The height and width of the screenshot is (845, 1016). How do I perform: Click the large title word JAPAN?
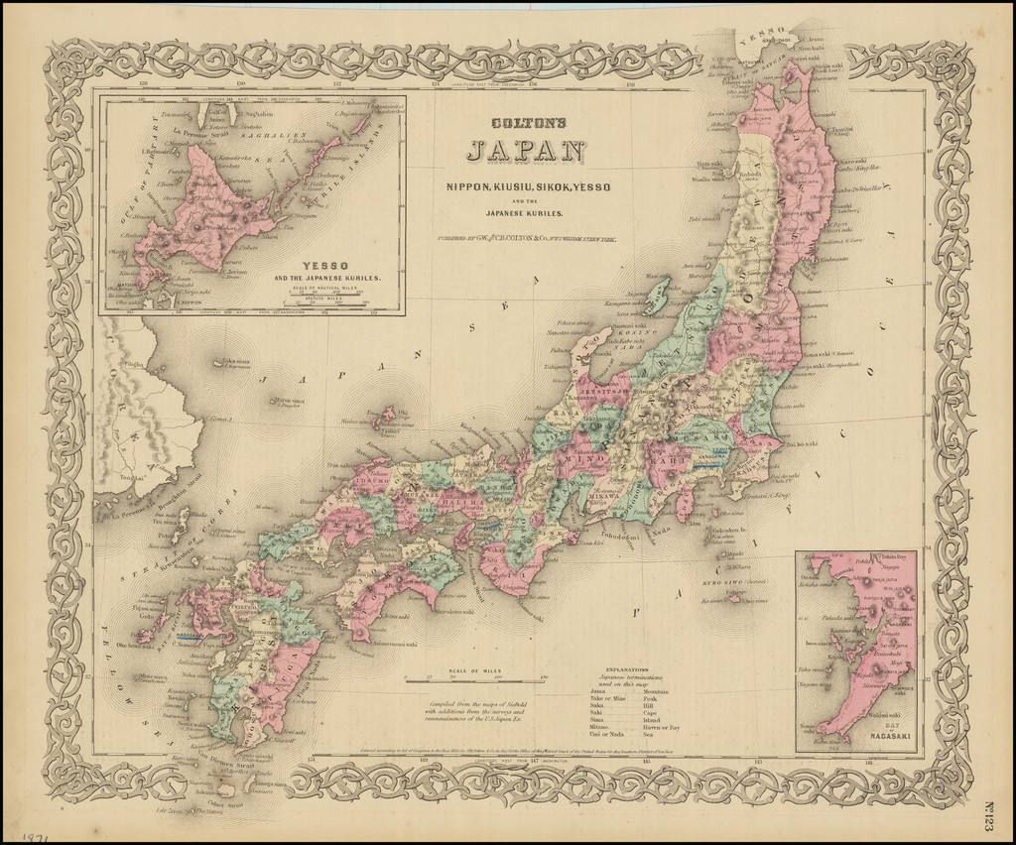526,152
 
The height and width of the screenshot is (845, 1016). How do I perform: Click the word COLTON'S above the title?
527,124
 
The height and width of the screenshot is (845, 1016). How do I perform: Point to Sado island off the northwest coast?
656,296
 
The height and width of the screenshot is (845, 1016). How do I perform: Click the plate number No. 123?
993,793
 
